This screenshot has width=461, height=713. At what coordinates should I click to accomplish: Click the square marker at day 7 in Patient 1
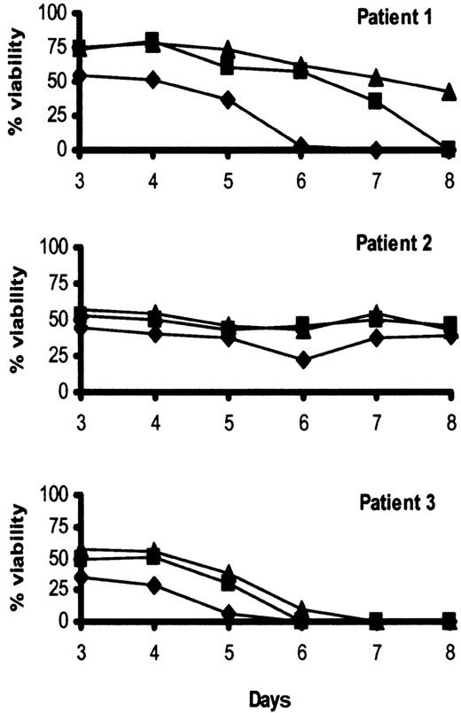(376, 102)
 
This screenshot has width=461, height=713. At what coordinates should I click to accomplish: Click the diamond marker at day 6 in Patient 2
(302, 360)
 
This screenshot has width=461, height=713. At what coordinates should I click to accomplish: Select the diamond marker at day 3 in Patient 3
(80, 577)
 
